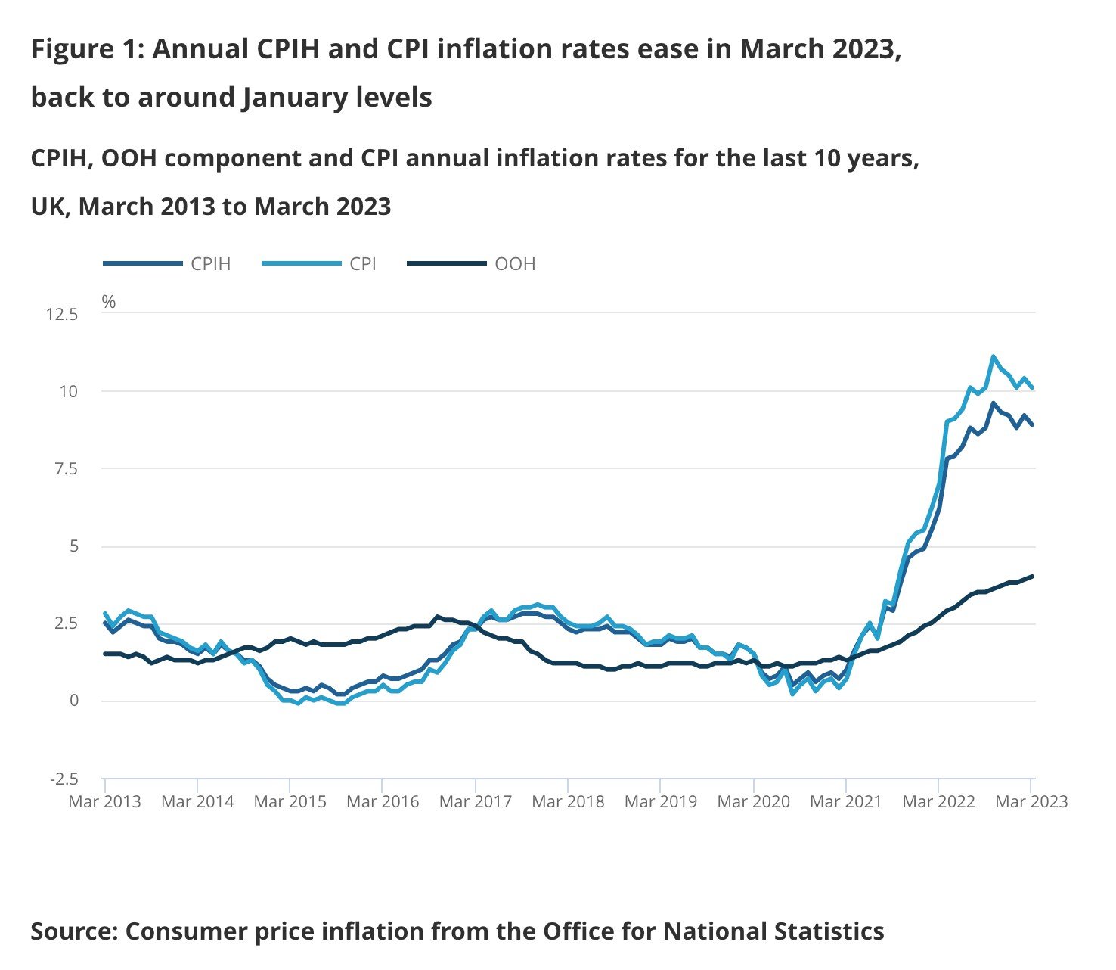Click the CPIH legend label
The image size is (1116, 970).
coord(210,264)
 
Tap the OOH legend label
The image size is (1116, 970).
coord(515,264)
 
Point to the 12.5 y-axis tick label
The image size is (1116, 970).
coord(62,314)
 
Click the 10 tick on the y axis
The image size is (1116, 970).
coord(69,391)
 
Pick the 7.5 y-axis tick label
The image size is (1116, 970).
coord(64,469)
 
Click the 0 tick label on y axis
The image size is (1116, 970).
coord(73,701)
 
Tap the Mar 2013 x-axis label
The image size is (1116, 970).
coord(104,802)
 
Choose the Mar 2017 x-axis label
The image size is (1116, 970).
coord(475,802)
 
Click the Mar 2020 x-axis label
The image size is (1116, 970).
coord(753,802)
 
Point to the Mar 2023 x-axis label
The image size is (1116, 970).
coord(1031,802)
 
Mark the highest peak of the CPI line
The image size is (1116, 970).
coord(994,356)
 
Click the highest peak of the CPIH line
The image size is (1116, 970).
coord(994,403)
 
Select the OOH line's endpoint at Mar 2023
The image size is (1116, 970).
coord(1033,577)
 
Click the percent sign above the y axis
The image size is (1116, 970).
coord(109,303)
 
